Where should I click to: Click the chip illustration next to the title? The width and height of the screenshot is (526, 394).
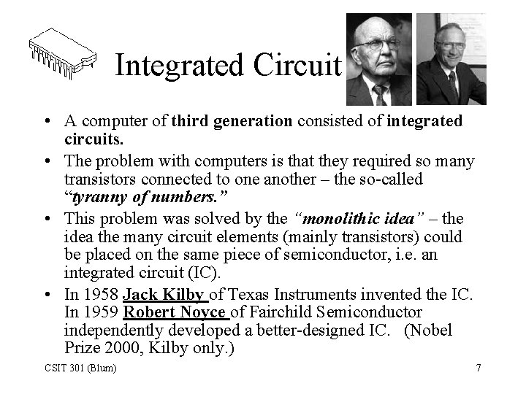click(x=62, y=52)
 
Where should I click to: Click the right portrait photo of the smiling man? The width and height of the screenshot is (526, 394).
click(x=451, y=60)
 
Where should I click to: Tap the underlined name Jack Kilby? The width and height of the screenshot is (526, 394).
click(x=165, y=295)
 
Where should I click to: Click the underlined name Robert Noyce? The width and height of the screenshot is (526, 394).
click(x=175, y=313)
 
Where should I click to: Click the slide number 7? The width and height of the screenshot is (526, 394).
click(x=478, y=368)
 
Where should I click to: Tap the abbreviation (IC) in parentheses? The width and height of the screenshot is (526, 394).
click(x=206, y=273)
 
